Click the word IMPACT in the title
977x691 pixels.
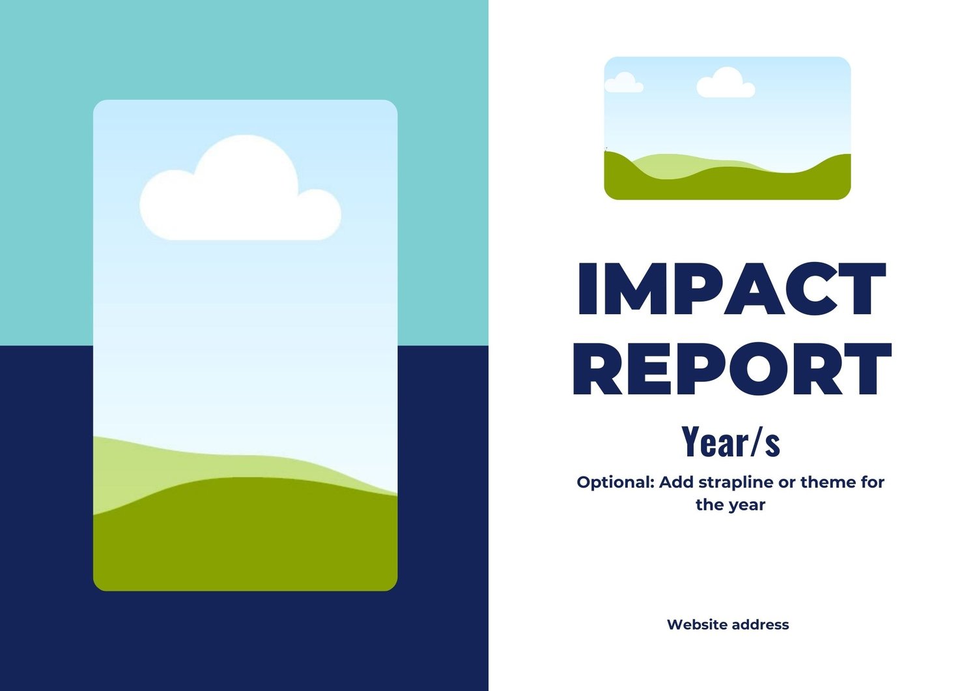coord(732,288)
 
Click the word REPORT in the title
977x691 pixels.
coord(733,368)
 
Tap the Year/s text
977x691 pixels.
coord(731,441)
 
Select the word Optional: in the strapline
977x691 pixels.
coord(616,482)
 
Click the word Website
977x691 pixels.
coord(698,625)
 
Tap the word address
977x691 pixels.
coord(760,625)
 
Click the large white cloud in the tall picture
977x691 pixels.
coord(240,192)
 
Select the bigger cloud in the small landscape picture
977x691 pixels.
coord(726,83)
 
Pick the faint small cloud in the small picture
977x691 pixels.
coord(624,83)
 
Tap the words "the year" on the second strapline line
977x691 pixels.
coord(731,505)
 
